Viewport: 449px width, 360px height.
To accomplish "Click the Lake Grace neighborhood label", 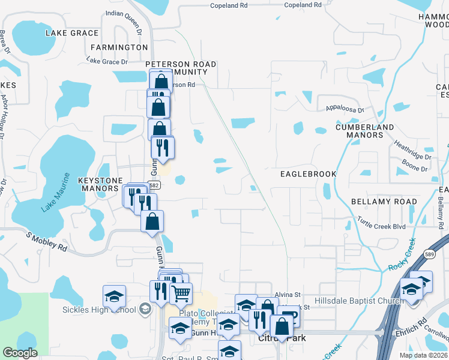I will click(71, 32).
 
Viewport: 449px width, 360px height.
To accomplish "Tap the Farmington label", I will click(119, 47).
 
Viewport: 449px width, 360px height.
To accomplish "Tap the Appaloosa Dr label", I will click(345, 110).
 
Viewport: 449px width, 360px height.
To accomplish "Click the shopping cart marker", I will click(181, 293).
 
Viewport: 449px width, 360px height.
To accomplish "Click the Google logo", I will click(20, 353).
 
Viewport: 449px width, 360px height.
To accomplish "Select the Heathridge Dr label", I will click(412, 149).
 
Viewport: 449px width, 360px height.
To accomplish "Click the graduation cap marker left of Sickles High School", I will click(114, 296).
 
